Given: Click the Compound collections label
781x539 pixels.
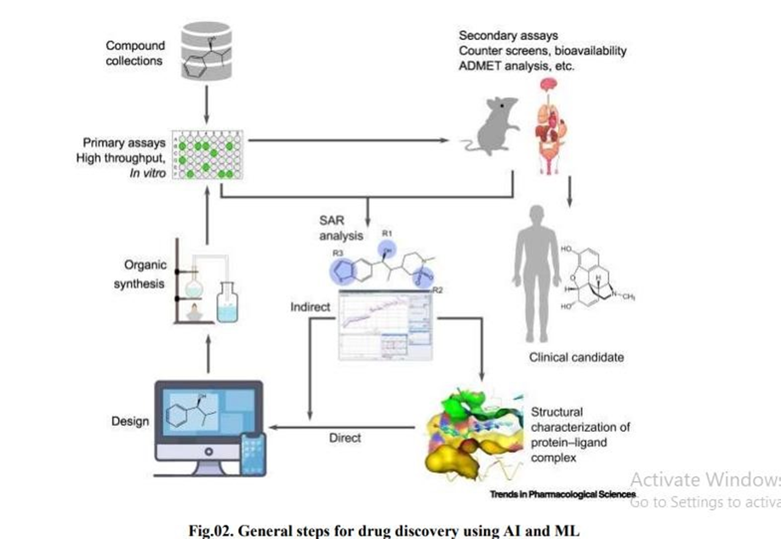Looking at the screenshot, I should point(134,54).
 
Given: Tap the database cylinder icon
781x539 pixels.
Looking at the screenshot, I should point(207,54).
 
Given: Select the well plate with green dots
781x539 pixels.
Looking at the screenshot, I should point(207,154).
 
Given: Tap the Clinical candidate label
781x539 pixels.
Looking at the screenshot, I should point(576,357).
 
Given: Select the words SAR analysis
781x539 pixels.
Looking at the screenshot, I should point(339,228).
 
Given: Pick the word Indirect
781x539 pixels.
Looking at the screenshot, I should point(311,307).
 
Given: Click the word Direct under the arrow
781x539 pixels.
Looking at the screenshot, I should point(345,438).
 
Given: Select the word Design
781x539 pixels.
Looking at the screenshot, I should point(130,421).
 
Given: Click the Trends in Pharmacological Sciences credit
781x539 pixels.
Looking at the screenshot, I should point(562,494).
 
